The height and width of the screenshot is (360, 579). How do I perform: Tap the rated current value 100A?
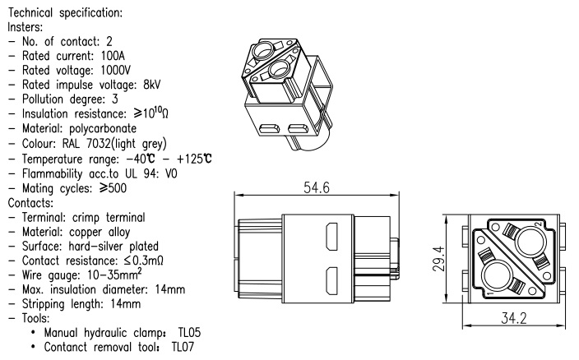coord(127,57)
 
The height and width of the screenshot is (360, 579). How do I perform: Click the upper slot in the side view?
coord(332,239)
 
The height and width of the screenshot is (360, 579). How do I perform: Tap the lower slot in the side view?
coord(332,279)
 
